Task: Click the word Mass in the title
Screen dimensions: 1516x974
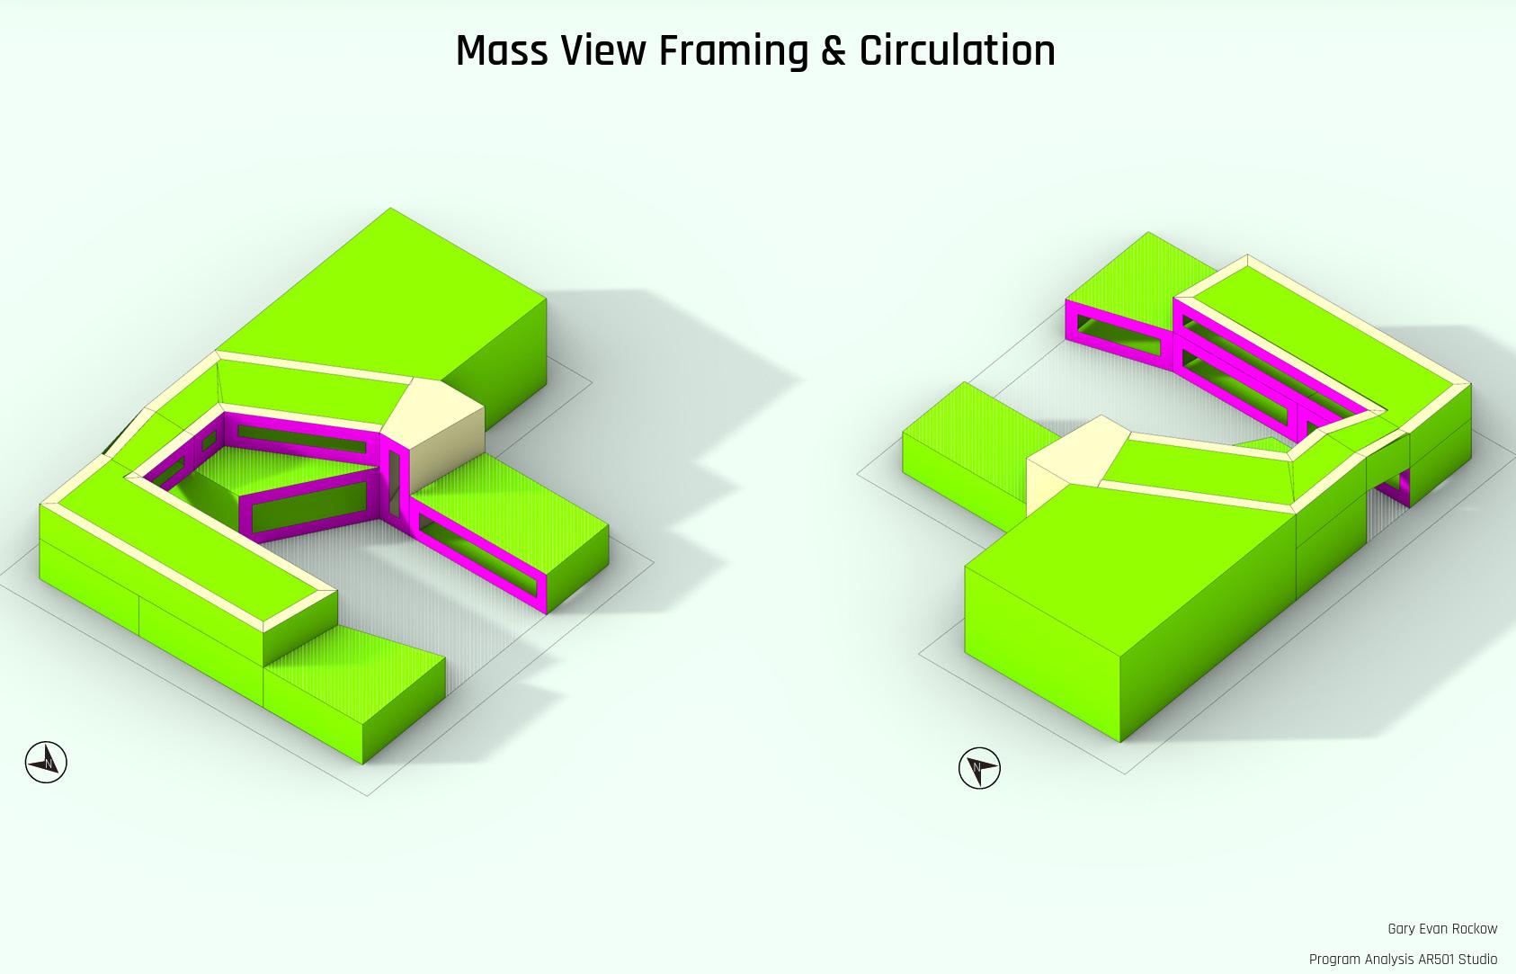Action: pyautogui.click(x=502, y=51)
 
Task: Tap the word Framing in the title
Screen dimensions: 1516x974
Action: pyautogui.click(x=733, y=51)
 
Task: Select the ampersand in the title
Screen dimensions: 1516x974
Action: pyautogui.click(x=834, y=51)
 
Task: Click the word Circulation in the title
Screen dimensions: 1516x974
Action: pyautogui.click(x=957, y=51)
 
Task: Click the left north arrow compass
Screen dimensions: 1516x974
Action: pyautogui.click(x=46, y=763)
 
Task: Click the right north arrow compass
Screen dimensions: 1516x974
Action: pyautogui.click(x=979, y=769)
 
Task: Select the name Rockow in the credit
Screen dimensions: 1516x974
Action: pyautogui.click(x=1475, y=929)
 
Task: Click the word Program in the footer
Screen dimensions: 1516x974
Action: pyautogui.click(x=1334, y=959)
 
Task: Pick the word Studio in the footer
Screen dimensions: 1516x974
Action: pyautogui.click(x=1478, y=959)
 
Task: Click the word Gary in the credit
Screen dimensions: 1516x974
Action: pyautogui.click(x=1401, y=929)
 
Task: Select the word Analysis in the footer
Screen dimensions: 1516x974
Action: pyautogui.click(x=1388, y=959)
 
